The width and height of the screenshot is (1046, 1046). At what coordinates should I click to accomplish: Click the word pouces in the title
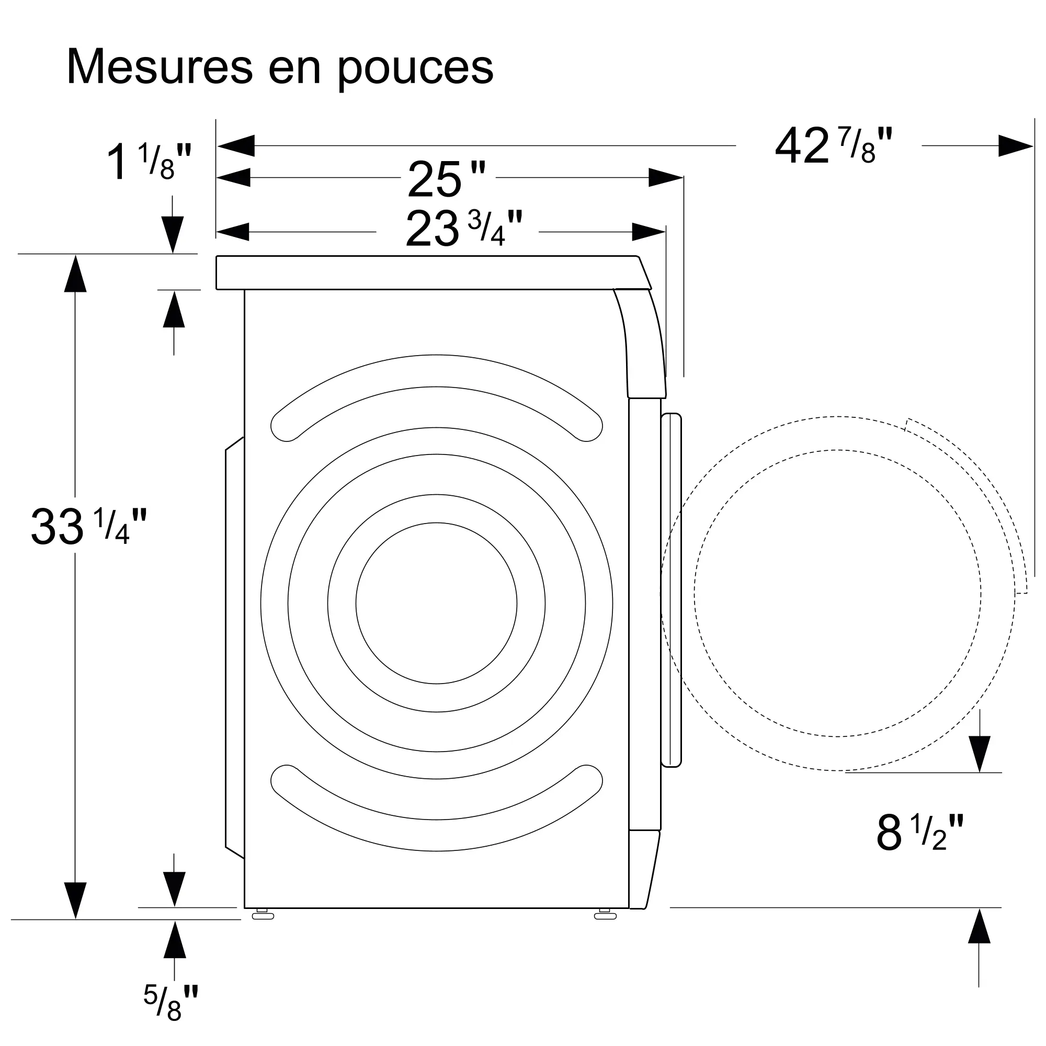pos(416,71)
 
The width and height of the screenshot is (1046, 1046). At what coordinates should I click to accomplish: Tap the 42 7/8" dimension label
pos(834,145)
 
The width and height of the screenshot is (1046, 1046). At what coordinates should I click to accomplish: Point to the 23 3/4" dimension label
pos(464,228)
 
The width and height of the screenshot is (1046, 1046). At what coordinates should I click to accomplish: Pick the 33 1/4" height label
pos(89,526)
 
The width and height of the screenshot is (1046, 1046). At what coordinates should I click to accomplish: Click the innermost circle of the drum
pos(436,603)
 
